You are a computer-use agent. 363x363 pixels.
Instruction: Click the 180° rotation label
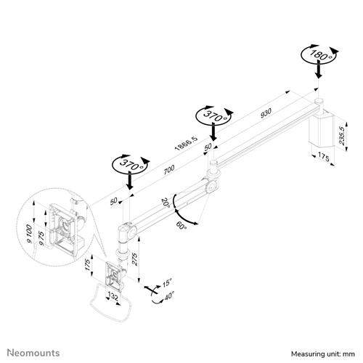point(317,55)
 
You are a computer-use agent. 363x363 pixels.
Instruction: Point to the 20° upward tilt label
point(166,205)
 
